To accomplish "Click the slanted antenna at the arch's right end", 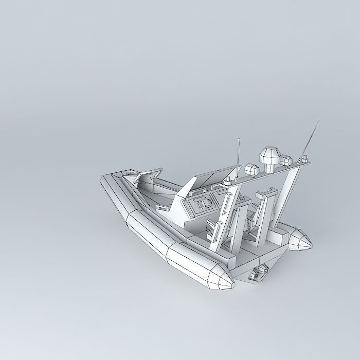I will pos(310,139).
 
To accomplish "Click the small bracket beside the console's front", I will pos(161,207).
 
